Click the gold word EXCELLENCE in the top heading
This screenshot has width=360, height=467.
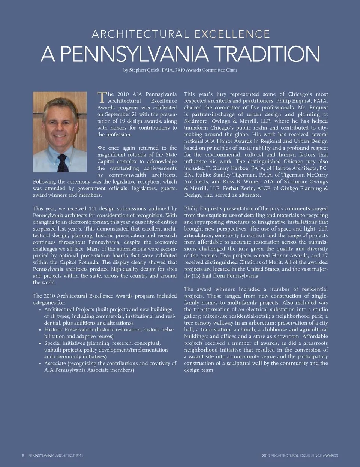point(232,35)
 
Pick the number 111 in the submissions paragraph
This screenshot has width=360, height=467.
point(94,208)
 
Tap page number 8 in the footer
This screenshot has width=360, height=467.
point(23,455)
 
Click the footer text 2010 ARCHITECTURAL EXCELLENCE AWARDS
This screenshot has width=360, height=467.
point(300,455)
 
